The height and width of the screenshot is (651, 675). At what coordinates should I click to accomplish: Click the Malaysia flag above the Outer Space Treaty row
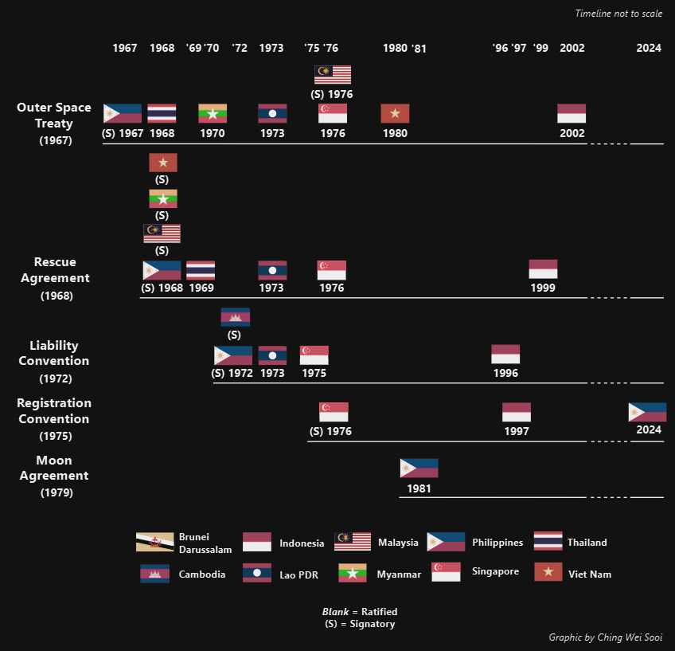tap(333, 75)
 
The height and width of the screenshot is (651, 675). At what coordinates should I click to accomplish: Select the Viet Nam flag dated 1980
tap(395, 113)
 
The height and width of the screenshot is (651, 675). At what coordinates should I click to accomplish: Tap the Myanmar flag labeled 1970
tap(213, 113)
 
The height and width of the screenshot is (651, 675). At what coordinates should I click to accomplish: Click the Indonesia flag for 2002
tap(572, 113)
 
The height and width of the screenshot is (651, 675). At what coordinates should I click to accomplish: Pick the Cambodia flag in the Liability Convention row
tap(235, 317)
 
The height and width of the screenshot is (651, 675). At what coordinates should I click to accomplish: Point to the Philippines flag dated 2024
tap(647, 412)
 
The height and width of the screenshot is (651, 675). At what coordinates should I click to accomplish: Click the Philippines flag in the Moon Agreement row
tap(419, 469)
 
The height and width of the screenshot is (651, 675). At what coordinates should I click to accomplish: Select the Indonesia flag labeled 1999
tap(543, 269)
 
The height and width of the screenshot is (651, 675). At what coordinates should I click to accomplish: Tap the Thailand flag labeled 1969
tap(201, 270)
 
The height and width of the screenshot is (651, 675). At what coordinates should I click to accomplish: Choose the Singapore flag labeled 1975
tap(314, 355)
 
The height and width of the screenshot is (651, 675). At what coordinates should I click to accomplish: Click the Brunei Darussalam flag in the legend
tap(154, 542)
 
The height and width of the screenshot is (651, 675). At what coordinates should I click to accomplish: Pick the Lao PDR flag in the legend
tap(257, 573)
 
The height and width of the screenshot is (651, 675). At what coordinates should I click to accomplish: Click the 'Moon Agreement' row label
tap(54, 468)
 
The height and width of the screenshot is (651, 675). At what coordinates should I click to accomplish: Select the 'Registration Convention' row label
tap(54, 410)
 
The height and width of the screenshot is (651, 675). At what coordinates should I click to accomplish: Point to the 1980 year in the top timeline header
tap(395, 49)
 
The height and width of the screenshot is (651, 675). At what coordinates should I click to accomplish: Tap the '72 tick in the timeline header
tap(240, 49)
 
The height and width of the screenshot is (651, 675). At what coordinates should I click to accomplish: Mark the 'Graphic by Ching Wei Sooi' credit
tap(605, 637)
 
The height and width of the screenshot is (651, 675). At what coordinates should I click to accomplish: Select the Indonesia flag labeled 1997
tap(516, 412)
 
